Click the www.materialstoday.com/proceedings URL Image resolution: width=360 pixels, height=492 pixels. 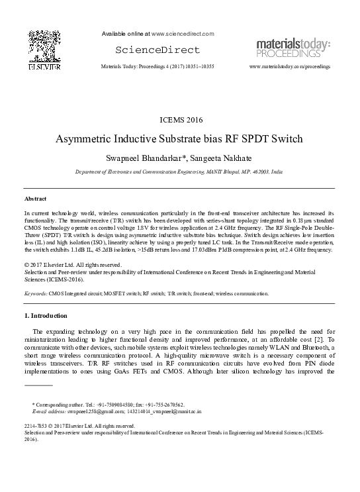coord(289,68)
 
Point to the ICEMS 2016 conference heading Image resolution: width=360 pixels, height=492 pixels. coord(180,121)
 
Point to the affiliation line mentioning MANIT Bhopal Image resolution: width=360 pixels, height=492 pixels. coord(180,171)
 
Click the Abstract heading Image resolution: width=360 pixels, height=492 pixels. coord(35,199)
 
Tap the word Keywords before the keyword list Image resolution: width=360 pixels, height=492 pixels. coord(34,292)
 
